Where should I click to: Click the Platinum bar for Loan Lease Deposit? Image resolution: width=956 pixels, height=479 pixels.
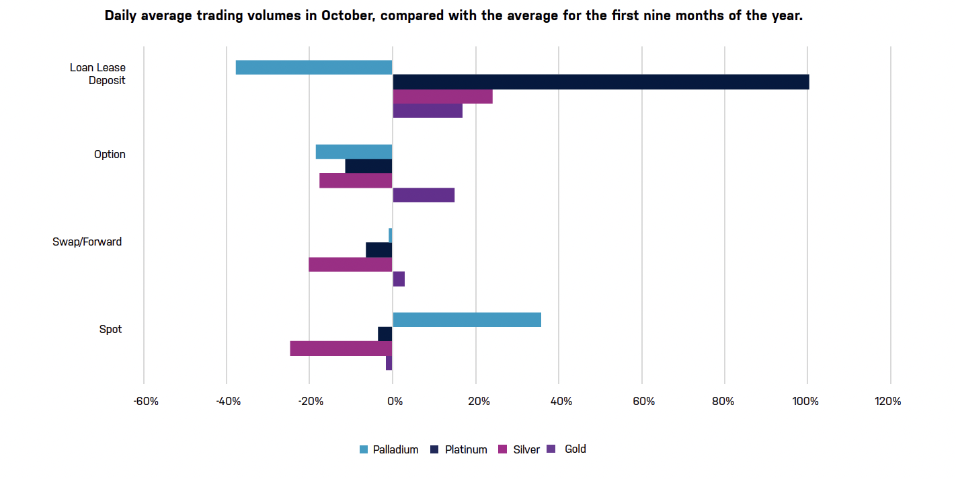pyautogui.click(x=600, y=82)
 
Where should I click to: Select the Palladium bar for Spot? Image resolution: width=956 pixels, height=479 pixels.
pyautogui.click(x=467, y=320)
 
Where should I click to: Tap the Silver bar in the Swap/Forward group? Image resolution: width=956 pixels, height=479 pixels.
pyautogui.click(x=350, y=264)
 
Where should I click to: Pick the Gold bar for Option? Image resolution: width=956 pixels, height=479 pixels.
pyautogui.click(x=424, y=195)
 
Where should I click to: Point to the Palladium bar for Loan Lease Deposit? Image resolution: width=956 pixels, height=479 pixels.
pyautogui.click(x=314, y=67)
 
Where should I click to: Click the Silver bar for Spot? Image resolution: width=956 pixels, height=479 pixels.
pyautogui.click(x=341, y=348)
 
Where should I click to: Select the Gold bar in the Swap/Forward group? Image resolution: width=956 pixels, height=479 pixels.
pyautogui.click(x=399, y=279)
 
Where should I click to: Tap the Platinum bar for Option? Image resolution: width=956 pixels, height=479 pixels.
pyautogui.click(x=368, y=166)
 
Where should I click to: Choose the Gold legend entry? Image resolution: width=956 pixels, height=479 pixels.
pyautogui.click(x=575, y=449)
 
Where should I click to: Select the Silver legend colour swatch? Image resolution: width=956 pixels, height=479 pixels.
pyautogui.click(x=502, y=449)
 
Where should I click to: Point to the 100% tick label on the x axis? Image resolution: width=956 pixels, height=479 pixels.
pyautogui.click(x=805, y=402)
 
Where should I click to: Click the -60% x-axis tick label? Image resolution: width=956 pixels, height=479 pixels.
pyautogui.click(x=146, y=402)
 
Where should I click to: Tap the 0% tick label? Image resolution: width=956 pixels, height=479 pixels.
pyautogui.click(x=395, y=402)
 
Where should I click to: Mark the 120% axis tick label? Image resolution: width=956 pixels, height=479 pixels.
pyautogui.click(x=888, y=402)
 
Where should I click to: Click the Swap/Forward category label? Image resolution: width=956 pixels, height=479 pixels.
pyautogui.click(x=87, y=242)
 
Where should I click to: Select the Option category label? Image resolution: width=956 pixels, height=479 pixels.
pyautogui.click(x=110, y=154)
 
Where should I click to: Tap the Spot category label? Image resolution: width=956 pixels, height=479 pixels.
pyautogui.click(x=110, y=330)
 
